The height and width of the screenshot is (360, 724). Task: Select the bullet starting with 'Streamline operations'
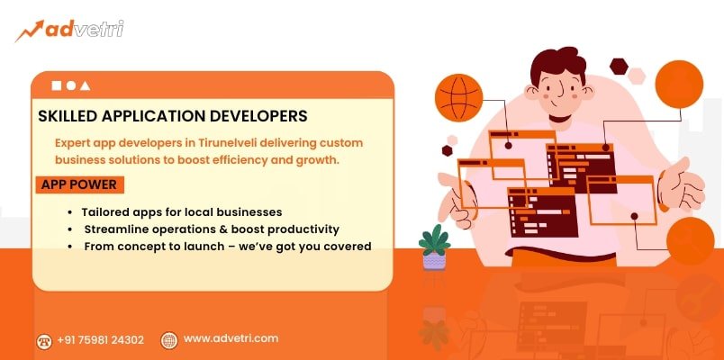(211, 229)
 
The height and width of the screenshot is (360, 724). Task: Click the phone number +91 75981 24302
(100, 339)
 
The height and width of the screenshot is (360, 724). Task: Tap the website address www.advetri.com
(231, 338)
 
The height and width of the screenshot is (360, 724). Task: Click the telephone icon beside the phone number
(43, 340)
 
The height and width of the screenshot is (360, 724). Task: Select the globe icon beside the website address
(168, 339)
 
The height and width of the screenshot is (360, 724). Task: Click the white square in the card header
(57, 85)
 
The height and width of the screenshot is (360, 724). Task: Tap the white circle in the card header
(70, 85)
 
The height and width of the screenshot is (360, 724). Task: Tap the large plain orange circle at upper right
(678, 85)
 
